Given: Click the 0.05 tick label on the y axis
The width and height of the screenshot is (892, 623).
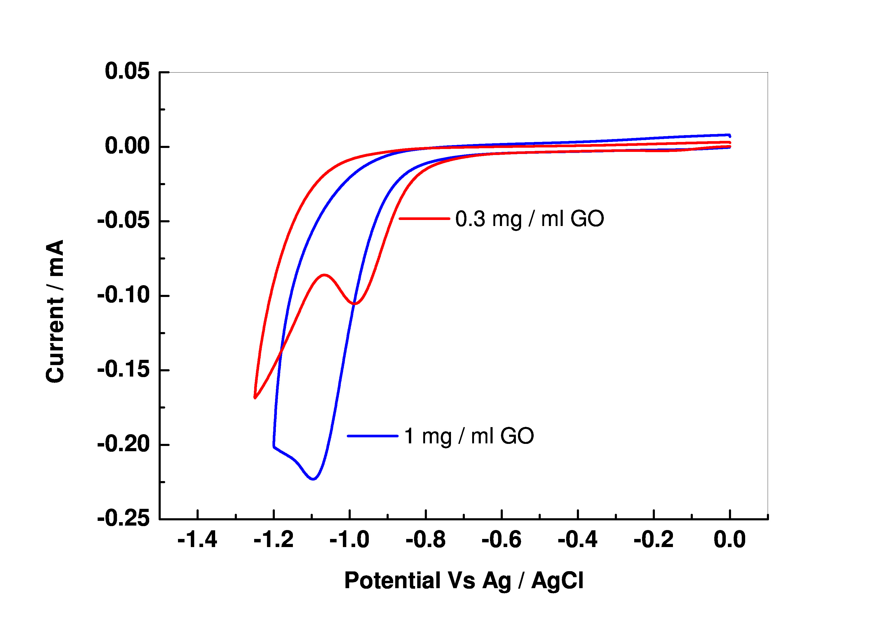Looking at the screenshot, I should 127,72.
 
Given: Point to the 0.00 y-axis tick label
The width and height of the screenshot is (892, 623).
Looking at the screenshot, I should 127,147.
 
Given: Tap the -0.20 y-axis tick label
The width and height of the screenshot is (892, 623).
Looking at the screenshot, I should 123,444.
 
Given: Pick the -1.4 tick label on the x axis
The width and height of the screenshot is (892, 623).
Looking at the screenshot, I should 197,540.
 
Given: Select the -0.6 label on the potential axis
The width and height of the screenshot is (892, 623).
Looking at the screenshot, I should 501,540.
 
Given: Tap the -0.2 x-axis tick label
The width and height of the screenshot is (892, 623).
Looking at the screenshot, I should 654,540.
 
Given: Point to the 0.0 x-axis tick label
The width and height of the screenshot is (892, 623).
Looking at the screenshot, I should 730,540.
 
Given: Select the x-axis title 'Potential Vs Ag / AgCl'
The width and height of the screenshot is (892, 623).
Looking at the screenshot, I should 464,581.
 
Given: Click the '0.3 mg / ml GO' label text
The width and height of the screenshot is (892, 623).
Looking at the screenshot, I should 529,219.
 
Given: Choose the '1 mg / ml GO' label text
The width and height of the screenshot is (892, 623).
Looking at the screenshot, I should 469,436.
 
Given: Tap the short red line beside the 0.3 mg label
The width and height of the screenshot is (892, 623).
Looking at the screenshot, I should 424,219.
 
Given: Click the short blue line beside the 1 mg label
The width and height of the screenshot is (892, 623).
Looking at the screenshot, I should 372,436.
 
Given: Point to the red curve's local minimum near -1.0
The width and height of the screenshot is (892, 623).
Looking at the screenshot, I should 355,304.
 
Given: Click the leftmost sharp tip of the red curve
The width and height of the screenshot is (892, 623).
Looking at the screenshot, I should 255,398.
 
